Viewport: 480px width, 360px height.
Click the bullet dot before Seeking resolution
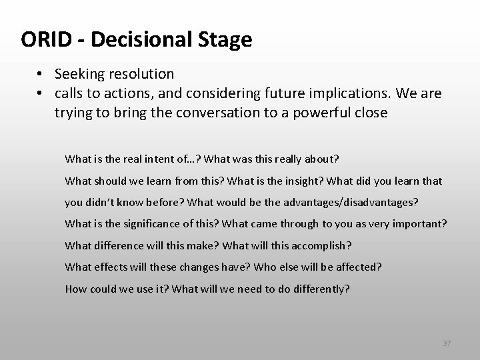[x=41, y=73]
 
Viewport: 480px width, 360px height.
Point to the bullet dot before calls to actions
[x=41, y=93]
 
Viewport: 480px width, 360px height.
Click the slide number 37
[x=447, y=343]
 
